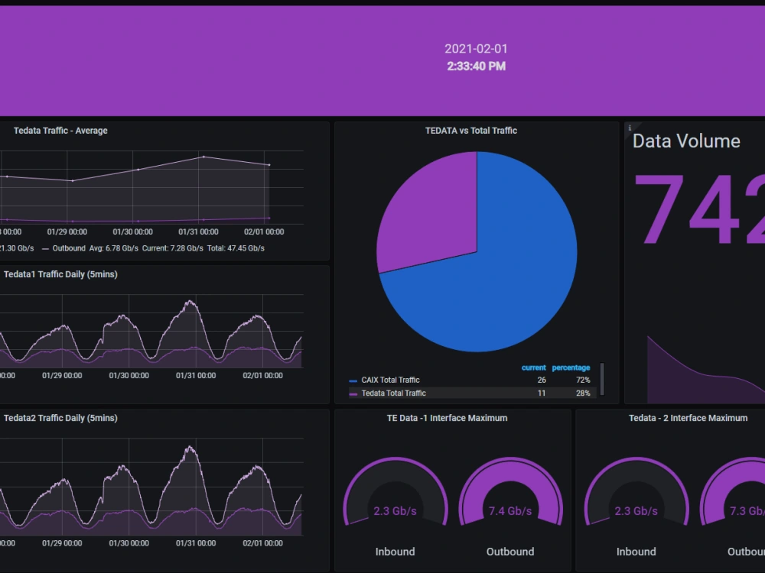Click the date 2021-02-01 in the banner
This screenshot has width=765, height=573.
(x=476, y=49)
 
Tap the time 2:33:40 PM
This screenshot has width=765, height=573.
(x=476, y=66)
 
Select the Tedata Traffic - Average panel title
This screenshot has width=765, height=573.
(x=60, y=131)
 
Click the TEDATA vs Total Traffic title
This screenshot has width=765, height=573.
(x=471, y=131)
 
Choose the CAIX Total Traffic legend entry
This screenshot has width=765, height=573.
(x=390, y=380)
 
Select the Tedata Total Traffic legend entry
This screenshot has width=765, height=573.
(x=393, y=393)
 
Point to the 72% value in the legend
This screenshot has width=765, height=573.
(x=582, y=380)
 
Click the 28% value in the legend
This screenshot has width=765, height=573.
(x=582, y=393)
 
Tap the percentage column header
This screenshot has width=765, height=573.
(x=571, y=367)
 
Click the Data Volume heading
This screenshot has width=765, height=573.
(x=686, y=141)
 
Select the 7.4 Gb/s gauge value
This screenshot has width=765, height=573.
(x=510, y=511)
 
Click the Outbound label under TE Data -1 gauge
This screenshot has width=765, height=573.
(x=510, y=552)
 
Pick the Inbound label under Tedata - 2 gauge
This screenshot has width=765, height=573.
(x=636, y=552)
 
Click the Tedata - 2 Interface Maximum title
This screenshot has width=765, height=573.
(x=688, y=418)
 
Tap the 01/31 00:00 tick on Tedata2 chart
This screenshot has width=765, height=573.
(x=197, y=543)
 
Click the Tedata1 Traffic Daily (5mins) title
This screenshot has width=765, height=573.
(x=60, y=274)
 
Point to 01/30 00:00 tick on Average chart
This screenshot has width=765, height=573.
(x=132, y=231)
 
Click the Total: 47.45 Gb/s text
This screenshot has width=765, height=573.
(x=236, y=248)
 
